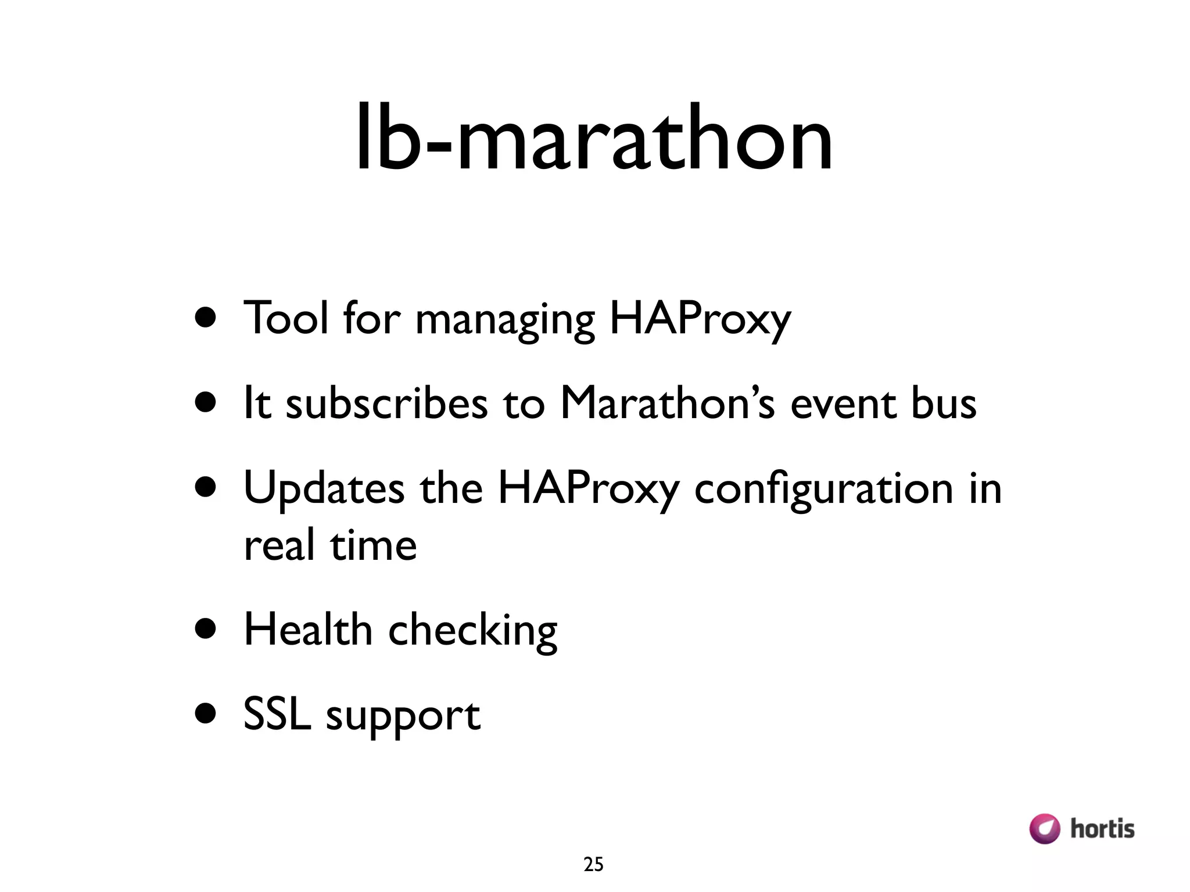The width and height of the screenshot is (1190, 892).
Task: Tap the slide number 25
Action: coord(593,865)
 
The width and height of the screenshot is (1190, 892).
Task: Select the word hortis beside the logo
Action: coord(1102,829)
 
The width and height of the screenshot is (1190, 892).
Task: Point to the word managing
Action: coord(505,321)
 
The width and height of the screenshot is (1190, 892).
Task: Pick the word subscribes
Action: coord(387,403)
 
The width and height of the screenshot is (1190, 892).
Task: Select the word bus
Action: coord(944,403)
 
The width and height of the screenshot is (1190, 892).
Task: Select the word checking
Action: coord(472,632)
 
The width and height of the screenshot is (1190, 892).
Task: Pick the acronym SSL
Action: coord(277,714)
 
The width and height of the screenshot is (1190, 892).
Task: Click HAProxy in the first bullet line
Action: coord(700,319)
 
